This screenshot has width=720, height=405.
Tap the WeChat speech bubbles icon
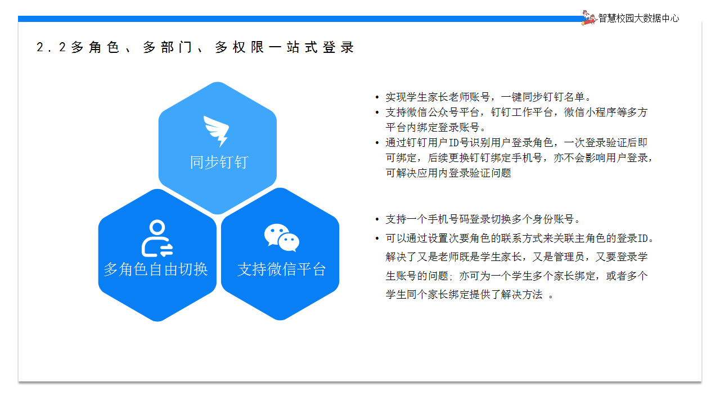(x=282, y=237)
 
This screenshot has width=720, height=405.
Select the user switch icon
(x=157, y=238)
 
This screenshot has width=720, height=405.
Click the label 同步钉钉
(x=219, y=163)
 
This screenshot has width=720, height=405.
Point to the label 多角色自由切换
(x=156, y=269)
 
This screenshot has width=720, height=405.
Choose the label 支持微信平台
(x=282, y=269)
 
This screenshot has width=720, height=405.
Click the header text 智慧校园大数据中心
(x=638, y=19)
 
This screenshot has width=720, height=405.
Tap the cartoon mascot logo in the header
(x=589, y=17)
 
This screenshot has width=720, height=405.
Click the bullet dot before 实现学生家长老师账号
(x=377, y=97)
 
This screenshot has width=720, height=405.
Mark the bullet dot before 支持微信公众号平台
(x=377, y=112)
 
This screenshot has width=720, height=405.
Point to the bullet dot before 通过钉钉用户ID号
(x=377, y=143)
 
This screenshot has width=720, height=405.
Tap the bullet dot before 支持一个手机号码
(x=377, y=219)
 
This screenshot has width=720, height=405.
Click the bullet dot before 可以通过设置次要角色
(x=377, y=238)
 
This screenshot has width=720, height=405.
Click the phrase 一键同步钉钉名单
(x=543, y=97)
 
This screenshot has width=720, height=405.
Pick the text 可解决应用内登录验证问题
(x=448, y=173)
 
